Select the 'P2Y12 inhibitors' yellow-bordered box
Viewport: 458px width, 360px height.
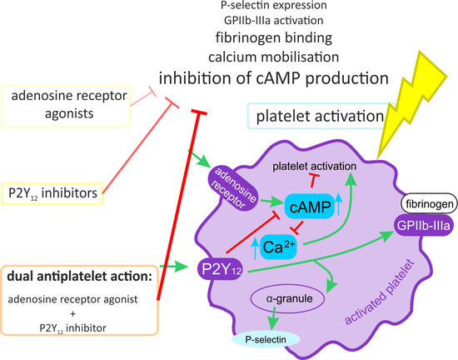[x=53, y=193]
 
